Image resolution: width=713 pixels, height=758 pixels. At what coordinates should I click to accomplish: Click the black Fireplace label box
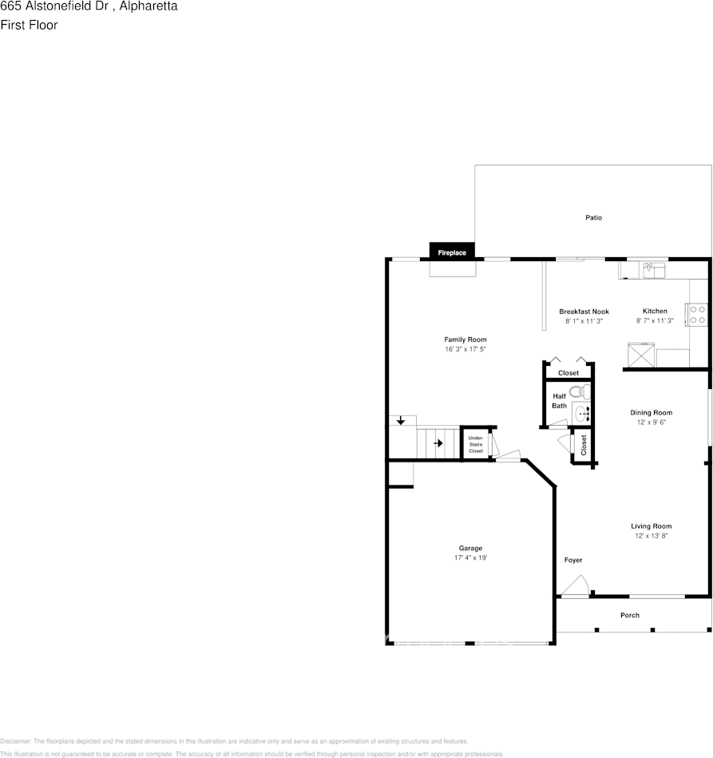451,252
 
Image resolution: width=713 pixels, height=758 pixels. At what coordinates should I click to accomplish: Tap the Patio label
593,217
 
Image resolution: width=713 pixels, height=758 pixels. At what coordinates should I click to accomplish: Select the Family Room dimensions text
465,350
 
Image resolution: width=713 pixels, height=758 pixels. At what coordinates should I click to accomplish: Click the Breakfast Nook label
584,312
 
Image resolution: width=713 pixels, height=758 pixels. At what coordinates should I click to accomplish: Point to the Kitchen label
655,312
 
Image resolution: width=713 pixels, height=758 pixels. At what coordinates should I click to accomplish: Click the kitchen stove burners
697,314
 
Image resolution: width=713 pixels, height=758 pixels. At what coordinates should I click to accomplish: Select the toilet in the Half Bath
584,391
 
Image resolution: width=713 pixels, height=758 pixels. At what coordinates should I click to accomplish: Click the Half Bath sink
582,413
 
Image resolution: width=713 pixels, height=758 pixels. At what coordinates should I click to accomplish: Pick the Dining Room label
652,413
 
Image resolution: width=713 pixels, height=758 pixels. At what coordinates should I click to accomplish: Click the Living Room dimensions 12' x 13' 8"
651,536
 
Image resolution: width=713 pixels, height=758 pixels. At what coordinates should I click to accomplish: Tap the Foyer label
573,560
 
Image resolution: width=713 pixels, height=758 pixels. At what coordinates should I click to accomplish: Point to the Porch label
630,615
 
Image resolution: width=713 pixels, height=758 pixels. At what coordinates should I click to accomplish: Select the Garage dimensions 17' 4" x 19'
470,558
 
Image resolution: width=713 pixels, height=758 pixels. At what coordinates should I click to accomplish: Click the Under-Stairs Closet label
476,445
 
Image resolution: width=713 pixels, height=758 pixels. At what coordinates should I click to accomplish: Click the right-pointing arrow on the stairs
437,442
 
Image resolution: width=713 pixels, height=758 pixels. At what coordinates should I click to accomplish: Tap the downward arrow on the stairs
401,420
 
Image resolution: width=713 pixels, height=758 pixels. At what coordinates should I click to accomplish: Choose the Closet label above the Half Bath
568,373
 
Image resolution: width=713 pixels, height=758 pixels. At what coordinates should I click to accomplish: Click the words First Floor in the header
29,25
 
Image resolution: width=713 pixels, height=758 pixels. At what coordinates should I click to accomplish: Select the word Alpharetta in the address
148,6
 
